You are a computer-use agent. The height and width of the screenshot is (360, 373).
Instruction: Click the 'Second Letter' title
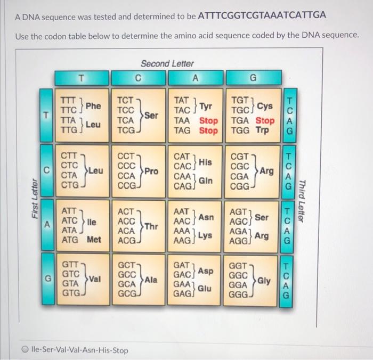coord(167,63)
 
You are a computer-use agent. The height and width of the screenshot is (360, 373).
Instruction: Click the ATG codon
coord(71,240)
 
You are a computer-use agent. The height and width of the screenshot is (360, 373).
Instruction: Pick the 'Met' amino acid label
coord(94,240)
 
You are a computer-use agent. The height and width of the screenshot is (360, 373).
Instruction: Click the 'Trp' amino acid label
coord(262,130)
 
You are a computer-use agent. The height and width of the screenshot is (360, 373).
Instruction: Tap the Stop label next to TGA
coord(265,120)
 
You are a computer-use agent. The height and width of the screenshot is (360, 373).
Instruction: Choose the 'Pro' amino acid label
coord(153,171)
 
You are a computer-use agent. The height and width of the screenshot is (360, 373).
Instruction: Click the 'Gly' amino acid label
coord(264,280)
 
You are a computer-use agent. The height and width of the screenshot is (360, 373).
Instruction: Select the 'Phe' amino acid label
coord(94,105)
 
